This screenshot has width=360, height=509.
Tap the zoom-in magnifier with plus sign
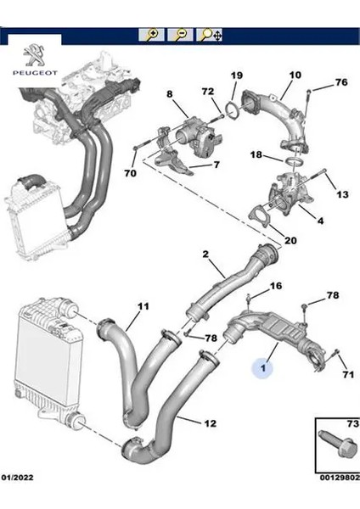coord(153,35)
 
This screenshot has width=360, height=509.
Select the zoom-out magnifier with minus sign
coord(180,35)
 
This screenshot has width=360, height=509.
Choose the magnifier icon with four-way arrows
coord(209,35)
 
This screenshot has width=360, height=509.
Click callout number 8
coord(170,94)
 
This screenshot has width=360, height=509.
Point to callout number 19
coord(236,76)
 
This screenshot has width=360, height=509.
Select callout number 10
coord(294,76)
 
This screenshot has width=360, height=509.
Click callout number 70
coord(130,174)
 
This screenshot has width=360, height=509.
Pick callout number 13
coord(344,195)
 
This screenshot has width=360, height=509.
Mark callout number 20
coord(290,240)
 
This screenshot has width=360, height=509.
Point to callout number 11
coord(143,305)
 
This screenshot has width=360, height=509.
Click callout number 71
coord(347,373)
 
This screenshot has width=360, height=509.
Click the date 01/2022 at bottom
coord(18,502)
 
